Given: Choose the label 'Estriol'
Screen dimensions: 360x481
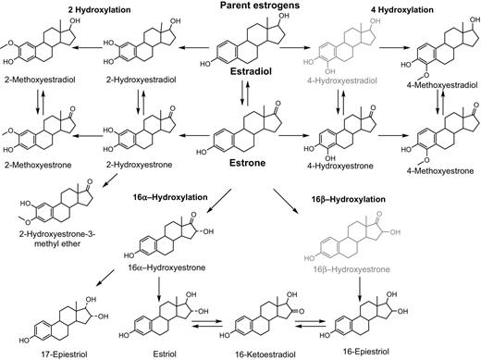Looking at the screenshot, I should pyautogui.click(x=156, y=353).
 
